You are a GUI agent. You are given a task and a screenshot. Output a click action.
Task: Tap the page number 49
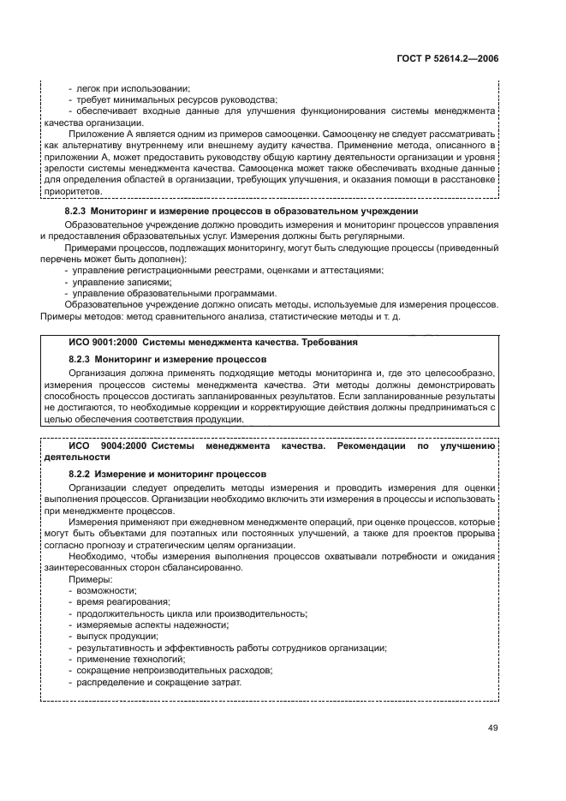click(492, 728)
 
